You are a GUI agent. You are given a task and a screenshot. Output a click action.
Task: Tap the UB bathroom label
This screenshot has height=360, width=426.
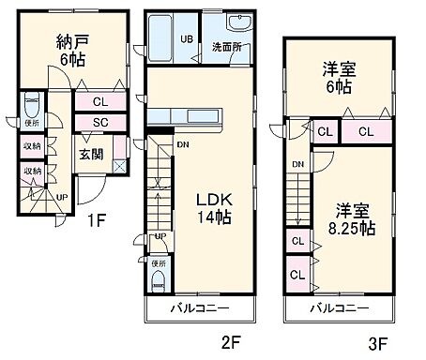188,39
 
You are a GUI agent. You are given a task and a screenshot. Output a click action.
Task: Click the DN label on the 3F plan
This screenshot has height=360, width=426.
297,166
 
